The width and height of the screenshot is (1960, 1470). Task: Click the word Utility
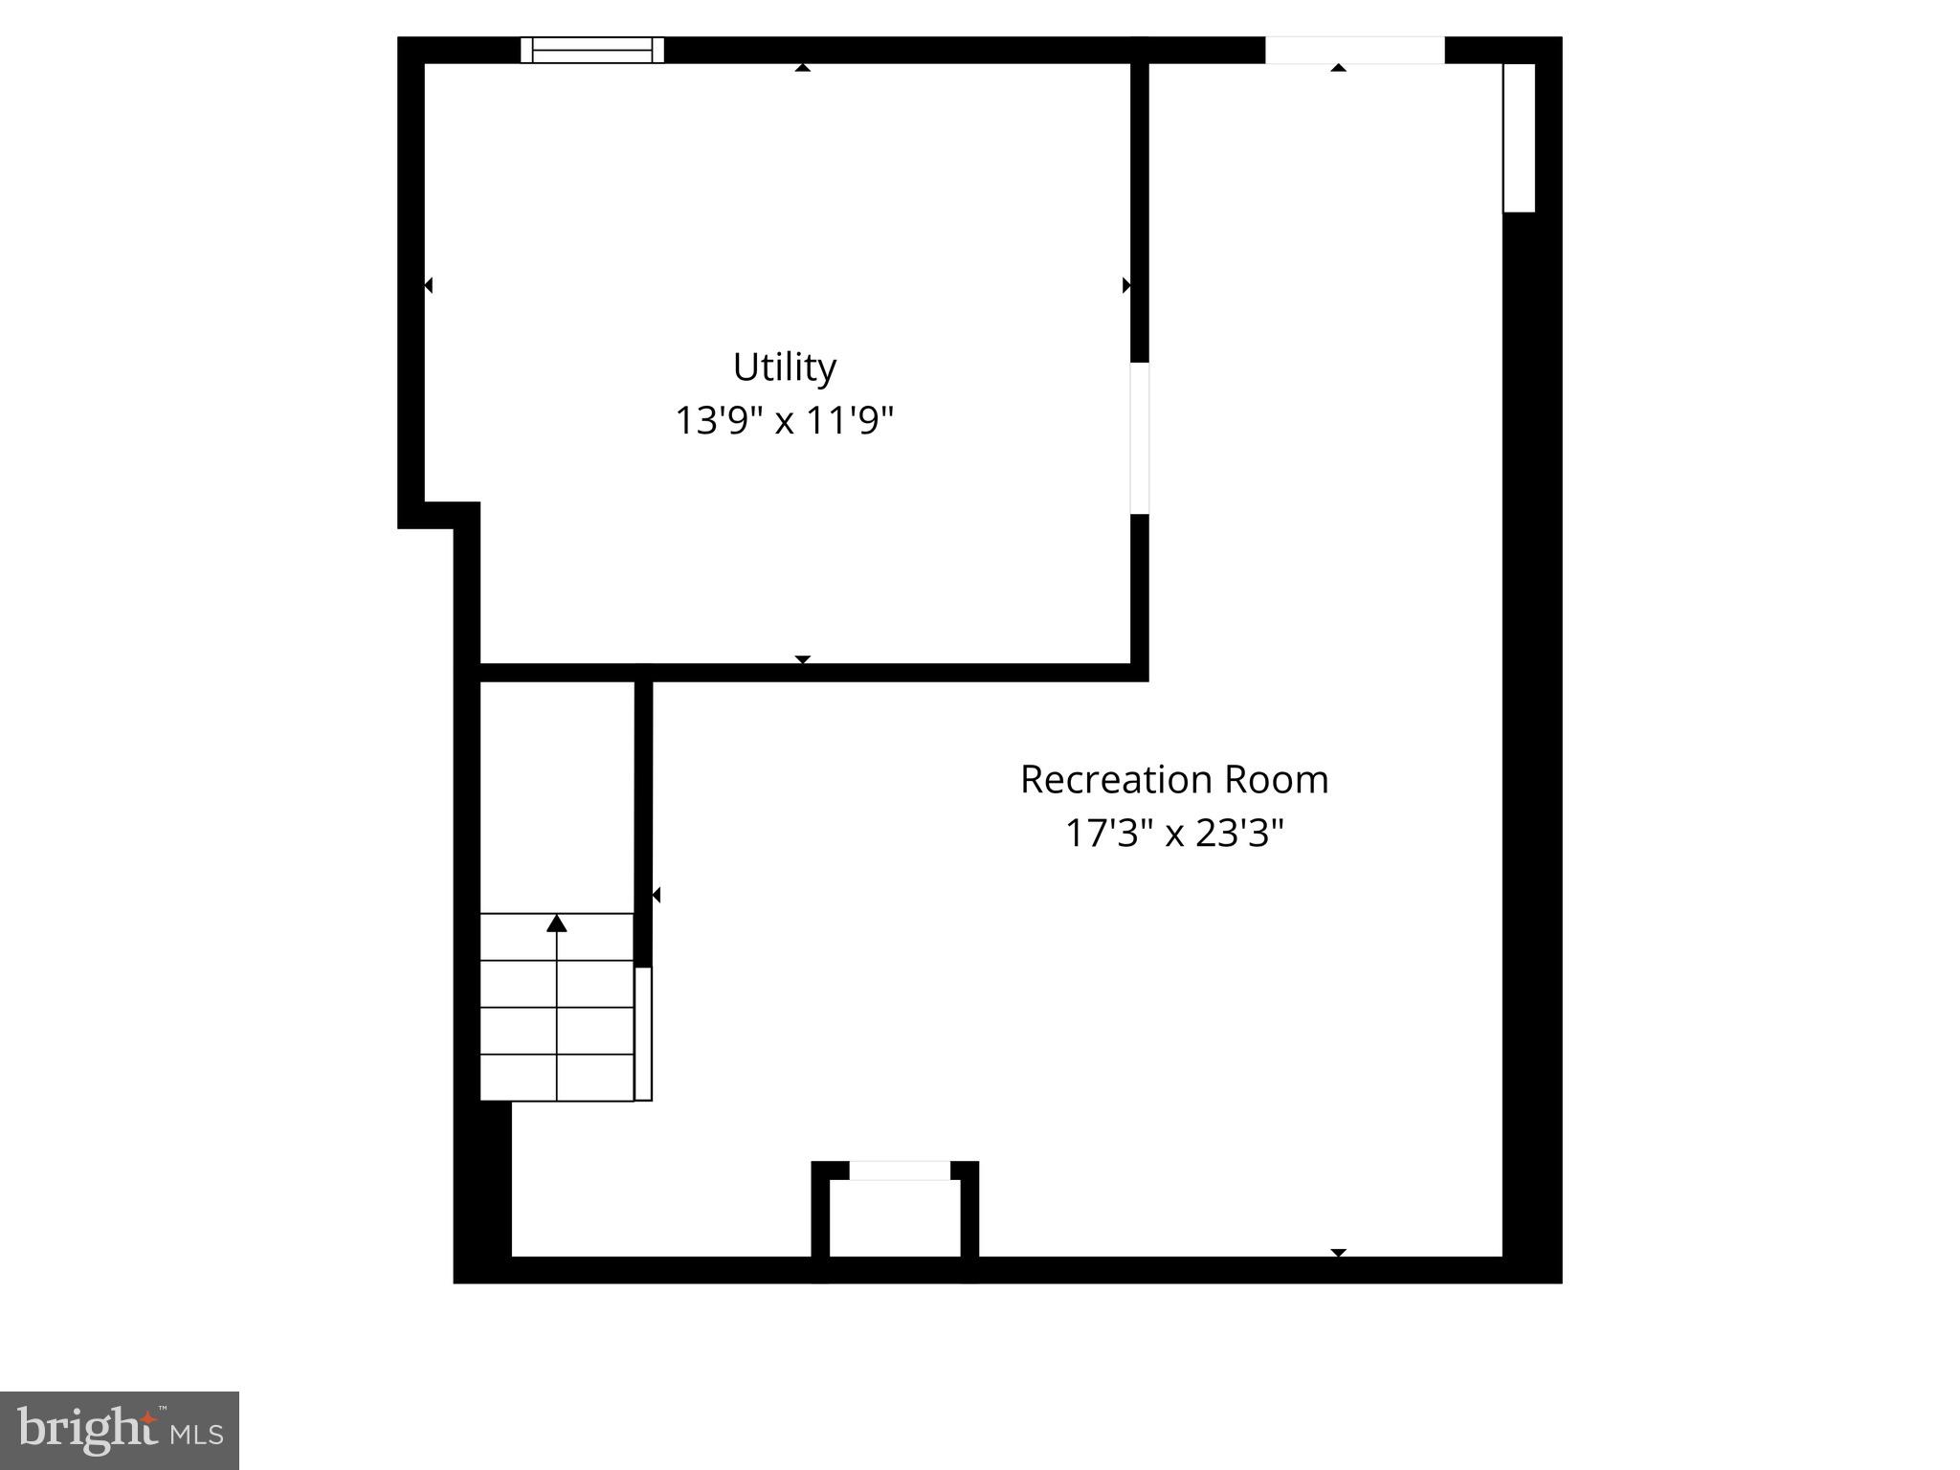(x=784, y=367)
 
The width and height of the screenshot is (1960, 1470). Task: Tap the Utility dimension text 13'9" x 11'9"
(x=784, y=420)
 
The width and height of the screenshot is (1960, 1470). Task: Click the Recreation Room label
(x=1173, y=780)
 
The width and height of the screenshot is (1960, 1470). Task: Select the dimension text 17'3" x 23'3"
(x=1173, y=833)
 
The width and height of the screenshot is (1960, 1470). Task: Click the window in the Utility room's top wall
(x=592, y=50)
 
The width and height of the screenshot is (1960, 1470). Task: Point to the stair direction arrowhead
(x=557, y=923)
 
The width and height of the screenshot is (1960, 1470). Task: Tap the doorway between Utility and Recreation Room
(x=1139, y=438)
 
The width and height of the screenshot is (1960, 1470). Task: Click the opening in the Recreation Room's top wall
(x=1354, y=50)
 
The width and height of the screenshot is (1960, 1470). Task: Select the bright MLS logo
(x=120, y=1430)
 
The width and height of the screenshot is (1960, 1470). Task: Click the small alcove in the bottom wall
(x=895, y=1216)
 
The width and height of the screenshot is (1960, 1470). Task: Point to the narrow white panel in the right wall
(x=1519, y=138)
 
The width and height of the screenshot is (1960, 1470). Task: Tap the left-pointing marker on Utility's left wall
(x=428, y=285)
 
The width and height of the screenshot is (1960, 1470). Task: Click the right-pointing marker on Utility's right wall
(x=1126, y=285)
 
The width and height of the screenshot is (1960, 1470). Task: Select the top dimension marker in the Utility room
(x=803, y=67)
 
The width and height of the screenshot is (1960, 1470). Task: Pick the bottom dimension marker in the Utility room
(x=803, y=659)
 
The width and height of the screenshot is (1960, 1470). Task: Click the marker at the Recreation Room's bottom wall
(x=1339, y=1253)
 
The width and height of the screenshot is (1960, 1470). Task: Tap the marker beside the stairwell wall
(x=656, y=896)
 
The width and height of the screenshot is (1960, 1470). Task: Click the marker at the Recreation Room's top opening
(x=1339, y=67)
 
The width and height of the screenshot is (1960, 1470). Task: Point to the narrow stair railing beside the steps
(x=643, y=1034)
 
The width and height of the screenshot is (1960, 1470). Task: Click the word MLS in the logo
(x=197, y=1434)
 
